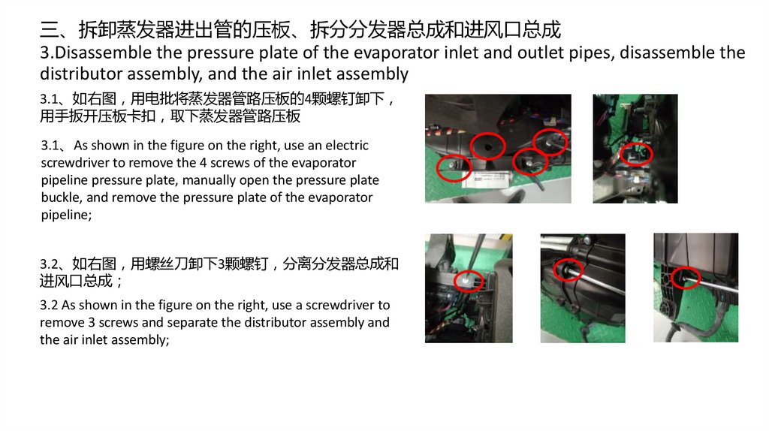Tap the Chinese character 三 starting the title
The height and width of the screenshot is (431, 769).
pyautogui.click(x=49, y=30)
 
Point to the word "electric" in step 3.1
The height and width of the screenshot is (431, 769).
pyautogui.click(x=347, y=145)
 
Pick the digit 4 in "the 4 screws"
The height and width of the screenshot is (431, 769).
pyautogui.click(x=203, y=163)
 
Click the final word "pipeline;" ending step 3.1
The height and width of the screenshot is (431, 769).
pyautogui.click(x=66, y=215)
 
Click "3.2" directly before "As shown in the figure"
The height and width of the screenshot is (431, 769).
pyautogui.click(x=49, y=305)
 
